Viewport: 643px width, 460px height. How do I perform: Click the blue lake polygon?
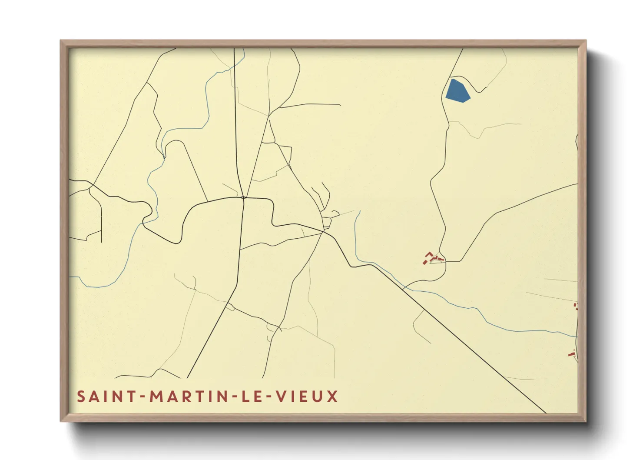456,91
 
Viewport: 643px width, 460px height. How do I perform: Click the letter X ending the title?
333,397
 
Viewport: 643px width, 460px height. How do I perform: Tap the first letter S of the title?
81,397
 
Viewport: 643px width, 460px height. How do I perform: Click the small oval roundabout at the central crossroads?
243,198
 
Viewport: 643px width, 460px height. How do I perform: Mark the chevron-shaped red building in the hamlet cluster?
429,254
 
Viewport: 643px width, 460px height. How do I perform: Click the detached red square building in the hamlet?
424,262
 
